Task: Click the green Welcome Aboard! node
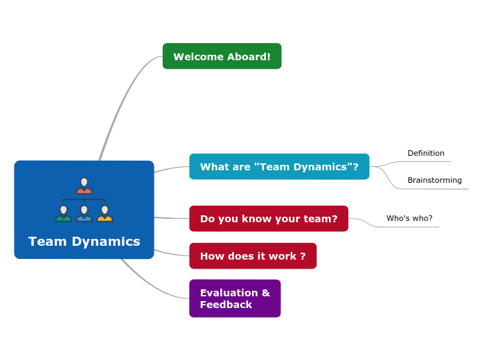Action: click(222, 56)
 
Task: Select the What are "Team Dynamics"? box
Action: click(279, 166)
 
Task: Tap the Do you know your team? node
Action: click(269, 219)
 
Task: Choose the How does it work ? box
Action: click(253, 256)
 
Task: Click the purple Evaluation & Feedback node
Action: click(235, 298)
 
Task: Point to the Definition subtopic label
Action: click(426, 154)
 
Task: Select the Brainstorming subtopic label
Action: click(434, 181)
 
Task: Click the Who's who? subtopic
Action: click(409, 219)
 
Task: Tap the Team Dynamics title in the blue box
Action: click(84, 242)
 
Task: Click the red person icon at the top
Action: click(84, 186)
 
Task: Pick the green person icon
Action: click(64, 214)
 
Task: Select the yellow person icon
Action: click(105, 214)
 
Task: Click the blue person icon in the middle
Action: click(84, 214)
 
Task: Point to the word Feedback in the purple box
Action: click(226, 305)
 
